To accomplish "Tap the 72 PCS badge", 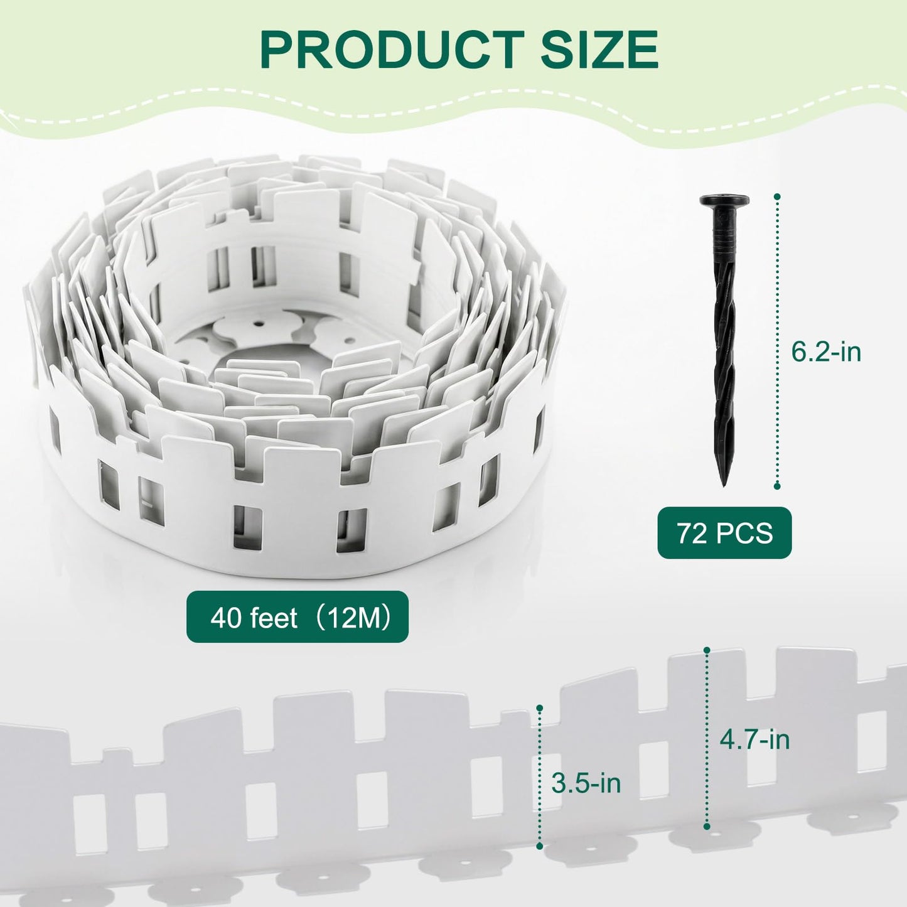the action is coord(724,533).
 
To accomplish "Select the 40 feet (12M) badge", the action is coord(298,617).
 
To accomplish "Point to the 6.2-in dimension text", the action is coord(826,352).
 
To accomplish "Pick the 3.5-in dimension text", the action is coord(586,784).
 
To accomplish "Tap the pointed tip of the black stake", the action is coord(723,484).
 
